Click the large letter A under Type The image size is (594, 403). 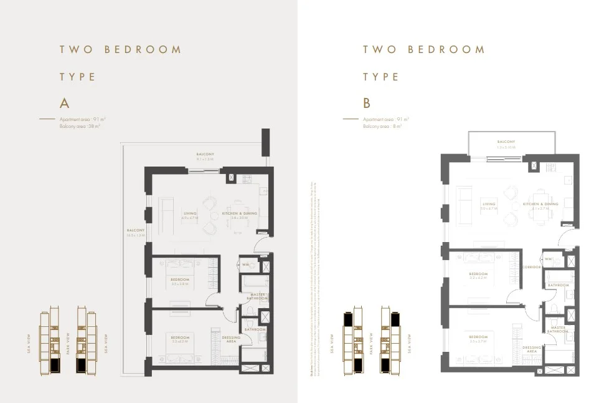pos(64,103)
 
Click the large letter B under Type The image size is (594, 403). pos(367,103)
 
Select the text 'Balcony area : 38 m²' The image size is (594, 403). pos(80,125)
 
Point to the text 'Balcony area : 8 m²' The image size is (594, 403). pos(382,126)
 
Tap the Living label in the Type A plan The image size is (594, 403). pos(189,213)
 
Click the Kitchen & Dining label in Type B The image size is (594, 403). pos(540,204)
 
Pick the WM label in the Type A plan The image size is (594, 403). pos(245,264)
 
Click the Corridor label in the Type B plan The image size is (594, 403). pos(532,266)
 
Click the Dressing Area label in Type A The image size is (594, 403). pos(231,339)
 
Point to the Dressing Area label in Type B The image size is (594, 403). pos(532,349)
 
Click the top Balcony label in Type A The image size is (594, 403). pos(205,154)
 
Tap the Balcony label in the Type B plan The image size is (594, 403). pos(506,142)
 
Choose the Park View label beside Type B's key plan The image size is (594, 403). pos(371,342)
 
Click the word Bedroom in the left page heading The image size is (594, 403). pos(143,49)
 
